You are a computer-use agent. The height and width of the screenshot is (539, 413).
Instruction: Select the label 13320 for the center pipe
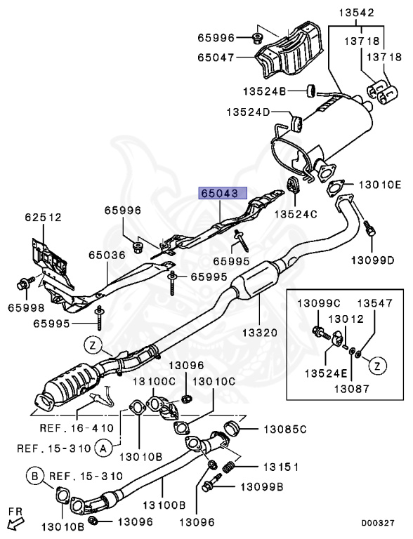tap(262, 332)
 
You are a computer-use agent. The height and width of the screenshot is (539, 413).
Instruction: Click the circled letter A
tap(103, 446)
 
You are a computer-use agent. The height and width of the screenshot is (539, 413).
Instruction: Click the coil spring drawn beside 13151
tap(229, 468)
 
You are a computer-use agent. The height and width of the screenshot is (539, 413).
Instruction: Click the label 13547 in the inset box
tap(375, 303)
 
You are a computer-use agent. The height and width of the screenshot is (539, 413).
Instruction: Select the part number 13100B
tap(164, 504)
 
